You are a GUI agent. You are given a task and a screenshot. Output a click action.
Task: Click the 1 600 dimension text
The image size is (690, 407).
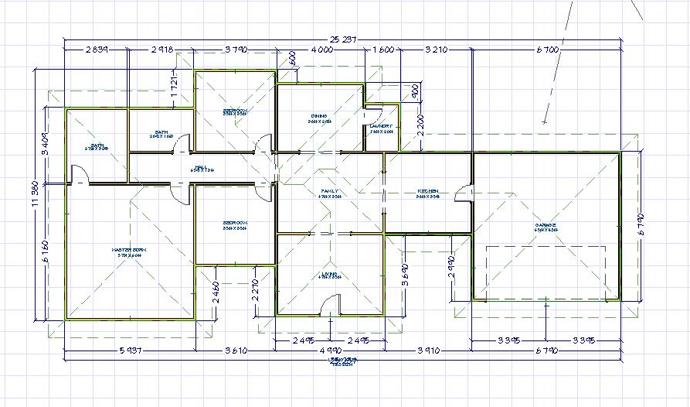click(x=382, y=50)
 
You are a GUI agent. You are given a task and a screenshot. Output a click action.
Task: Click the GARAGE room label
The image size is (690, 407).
click(x=546, y=226)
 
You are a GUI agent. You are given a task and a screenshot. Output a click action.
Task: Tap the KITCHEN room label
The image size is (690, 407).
click(x=428, y=190)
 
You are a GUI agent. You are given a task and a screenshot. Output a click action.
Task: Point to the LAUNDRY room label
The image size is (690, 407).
click(x=381, y=126)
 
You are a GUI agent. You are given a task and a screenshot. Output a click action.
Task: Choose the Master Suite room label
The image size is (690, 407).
click(x=128, y=250)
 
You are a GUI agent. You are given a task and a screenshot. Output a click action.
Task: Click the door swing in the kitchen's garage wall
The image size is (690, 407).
click(x=464, y=193)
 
